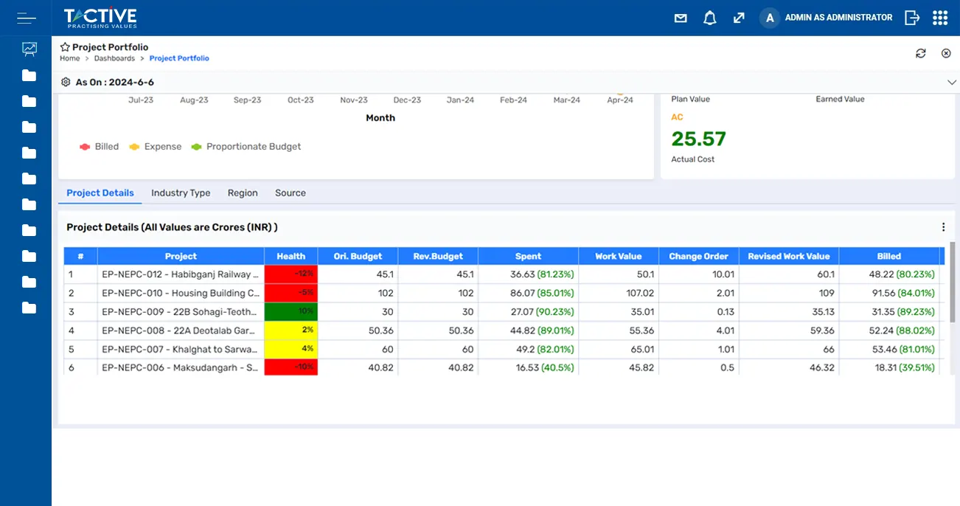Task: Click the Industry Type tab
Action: click(181, 193)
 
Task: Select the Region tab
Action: click(243, 193)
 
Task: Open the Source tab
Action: click(291, 193)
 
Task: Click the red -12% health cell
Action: click(291, 274)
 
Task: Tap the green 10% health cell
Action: click(291, 312)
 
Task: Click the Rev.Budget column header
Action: click(438, 257)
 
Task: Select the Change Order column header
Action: click(698, 257)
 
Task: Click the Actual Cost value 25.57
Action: click(698, 139)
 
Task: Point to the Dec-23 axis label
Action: click(407, 100)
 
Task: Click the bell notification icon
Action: click(709, 18)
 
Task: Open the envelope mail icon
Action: click(681, 18)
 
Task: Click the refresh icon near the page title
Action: click(920, 53)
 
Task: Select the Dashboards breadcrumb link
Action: click(114, 58)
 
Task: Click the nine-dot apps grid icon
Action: click(939, 18)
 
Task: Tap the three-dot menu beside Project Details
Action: click(943, 228)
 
